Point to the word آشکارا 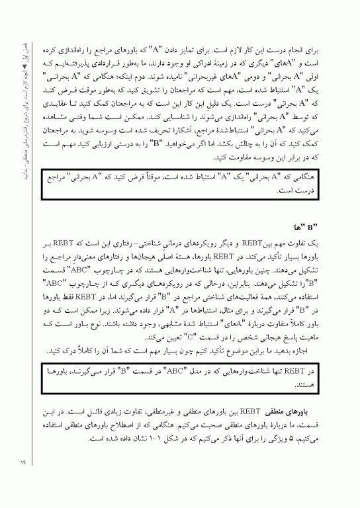point(147,136)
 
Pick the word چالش point(228,148)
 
